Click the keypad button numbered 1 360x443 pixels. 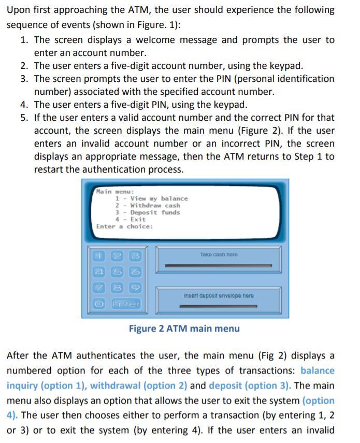coord(99,255)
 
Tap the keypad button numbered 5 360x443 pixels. coord(117,271)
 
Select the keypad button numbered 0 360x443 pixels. coord(99,304)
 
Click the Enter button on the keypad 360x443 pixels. coord(126,304)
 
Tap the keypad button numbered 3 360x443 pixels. coord(135,255)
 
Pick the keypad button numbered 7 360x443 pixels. coord(99,288)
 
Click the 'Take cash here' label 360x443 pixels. coord(218,254)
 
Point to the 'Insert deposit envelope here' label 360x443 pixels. coord(218,296)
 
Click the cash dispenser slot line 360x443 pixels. coord(218,265)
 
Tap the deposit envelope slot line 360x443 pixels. coord(218,306)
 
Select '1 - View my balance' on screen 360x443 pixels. coord(151,198)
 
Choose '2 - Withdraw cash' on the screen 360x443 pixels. coord(148,205)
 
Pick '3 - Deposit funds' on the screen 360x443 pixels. coord(148,212)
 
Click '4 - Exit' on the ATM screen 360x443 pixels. coord(131,219)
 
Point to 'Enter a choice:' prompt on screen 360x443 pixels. coord(124,226)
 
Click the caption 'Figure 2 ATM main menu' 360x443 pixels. coord(184,328)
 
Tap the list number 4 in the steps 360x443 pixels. coord(24,105)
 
